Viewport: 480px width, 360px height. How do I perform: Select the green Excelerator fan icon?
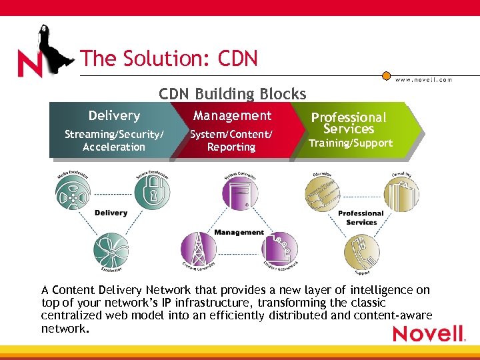point(111,249)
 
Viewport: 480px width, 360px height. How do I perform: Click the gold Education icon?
point(323,193)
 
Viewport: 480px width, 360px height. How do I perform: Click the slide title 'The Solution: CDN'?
point(169,59)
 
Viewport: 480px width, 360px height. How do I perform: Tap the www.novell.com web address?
point(423,79)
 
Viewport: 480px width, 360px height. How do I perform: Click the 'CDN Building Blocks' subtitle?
point(233,94)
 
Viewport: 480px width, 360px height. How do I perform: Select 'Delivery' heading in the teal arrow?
point(114,115)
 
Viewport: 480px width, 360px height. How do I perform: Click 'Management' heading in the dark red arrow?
point(232,115)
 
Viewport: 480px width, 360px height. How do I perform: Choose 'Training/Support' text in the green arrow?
point(351,143)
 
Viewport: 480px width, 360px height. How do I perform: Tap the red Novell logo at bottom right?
point(429,333)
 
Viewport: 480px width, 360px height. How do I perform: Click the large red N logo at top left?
point(30,64)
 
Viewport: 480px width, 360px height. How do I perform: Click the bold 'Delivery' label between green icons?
point(111,213)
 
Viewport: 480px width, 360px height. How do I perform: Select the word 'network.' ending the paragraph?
point(64,328)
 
